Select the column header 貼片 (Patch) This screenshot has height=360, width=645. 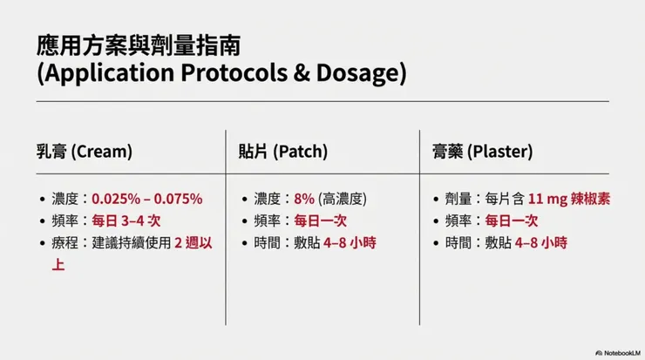tap(283, 151)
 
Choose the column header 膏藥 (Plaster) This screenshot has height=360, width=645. tap(481, 151)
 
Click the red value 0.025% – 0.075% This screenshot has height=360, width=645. tap(146, 199)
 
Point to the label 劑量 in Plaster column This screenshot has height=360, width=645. tap(458, 199)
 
